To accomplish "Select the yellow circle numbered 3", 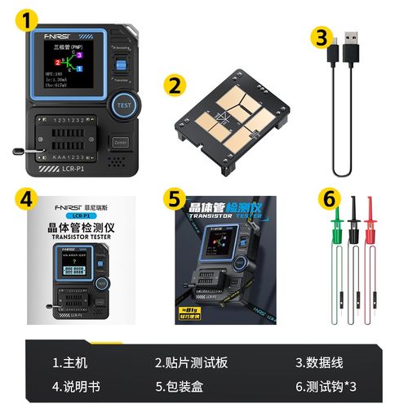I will click(323, 38).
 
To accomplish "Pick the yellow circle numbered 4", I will click(28, 198).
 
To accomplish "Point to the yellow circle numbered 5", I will click(175, 198).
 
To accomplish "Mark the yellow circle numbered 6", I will click(327, 198).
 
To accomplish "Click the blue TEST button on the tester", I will click(124, 105).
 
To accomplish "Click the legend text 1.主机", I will click(70, 362).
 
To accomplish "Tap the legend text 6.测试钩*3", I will click(327, 386).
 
